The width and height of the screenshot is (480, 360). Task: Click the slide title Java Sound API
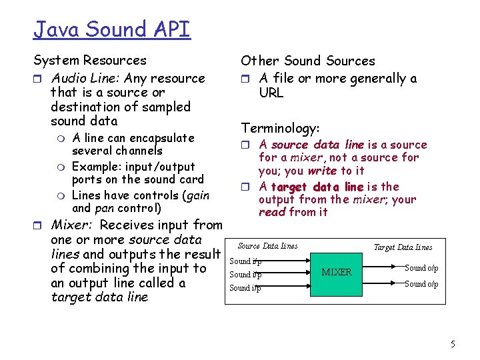(112, 29)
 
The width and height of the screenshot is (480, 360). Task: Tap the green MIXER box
(337, 273)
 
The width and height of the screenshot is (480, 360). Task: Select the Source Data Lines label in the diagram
(268, 247)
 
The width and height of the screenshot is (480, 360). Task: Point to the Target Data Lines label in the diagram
(403, 247)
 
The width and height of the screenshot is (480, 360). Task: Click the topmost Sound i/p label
(245, 261)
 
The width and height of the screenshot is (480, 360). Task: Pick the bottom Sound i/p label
(245, 288)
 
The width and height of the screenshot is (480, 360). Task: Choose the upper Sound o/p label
(421, 268)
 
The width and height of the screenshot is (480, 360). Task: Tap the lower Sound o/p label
(421, 284)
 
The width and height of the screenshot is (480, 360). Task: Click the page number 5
(453, 345)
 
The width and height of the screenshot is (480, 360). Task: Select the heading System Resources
(90, 61)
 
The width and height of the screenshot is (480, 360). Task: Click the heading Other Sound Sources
(308, 61)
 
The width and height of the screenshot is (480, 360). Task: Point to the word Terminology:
(280, 127)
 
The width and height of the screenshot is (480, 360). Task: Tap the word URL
(271, 93)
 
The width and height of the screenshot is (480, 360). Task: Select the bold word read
(272, 212)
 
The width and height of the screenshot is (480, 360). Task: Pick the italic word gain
(197, 195)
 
